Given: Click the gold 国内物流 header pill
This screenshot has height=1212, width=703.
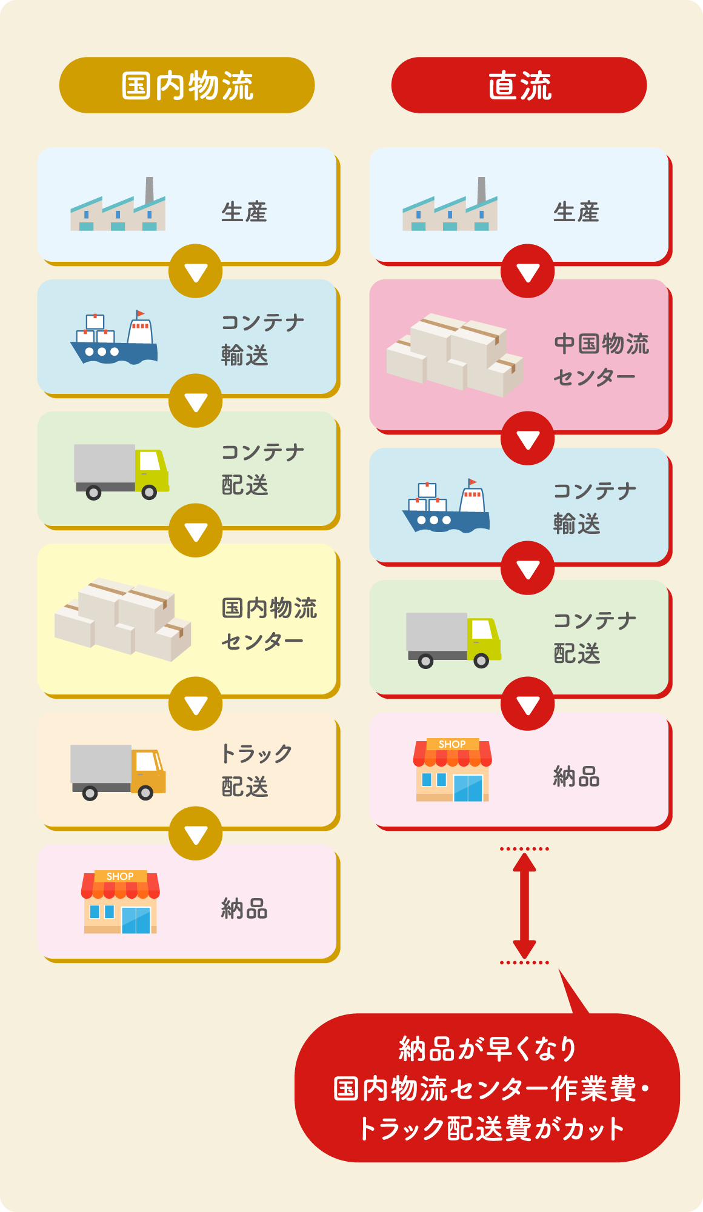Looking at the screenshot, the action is tap(187, 85).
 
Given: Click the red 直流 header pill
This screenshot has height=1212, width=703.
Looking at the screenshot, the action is tap(519, 85).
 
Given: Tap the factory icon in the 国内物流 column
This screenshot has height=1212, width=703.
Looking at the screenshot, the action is tap(118, 204).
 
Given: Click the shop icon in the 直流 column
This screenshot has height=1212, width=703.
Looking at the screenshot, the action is tap(452, 770).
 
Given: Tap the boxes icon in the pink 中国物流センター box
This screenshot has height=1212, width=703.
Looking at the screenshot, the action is tap(455, 355).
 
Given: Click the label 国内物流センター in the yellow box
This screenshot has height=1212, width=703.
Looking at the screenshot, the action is tap(269, 624).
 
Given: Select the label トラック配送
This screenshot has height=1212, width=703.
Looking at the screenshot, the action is tap(257, 770).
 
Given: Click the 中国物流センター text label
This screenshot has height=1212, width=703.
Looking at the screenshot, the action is tap(601, 360).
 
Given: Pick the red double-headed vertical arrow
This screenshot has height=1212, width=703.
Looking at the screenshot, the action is tap(524, 905).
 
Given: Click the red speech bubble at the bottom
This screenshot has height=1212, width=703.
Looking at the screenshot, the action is tap(487, 1087).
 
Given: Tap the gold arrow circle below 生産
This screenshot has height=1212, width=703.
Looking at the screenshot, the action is tap(196, 271).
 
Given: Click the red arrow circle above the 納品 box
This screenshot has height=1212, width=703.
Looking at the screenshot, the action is tap(528, 704).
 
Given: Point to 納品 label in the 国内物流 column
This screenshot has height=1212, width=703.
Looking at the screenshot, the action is tap(244, 909).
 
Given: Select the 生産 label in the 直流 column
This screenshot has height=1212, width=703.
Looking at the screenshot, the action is tap(576, 212).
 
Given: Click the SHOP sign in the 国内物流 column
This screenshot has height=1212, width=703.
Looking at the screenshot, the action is tap(120, 876).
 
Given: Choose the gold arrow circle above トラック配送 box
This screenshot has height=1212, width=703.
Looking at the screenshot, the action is tap(196, 704).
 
